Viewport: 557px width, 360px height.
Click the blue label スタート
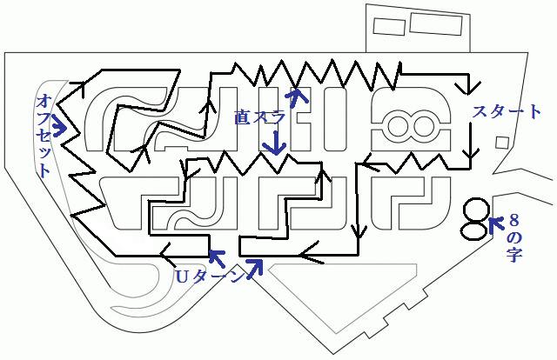[506, 111]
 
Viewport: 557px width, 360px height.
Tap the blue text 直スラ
[259, 117]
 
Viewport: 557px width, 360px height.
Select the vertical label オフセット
[44, 135]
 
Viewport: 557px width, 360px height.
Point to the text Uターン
[209, 277]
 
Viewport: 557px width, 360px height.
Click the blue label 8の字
[513, 238]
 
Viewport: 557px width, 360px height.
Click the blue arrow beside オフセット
[60, 127]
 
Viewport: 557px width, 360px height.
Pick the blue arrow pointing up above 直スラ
[296, 97]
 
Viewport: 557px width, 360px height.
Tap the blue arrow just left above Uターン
[218, 258]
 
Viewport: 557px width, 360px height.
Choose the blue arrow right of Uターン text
[254, 269]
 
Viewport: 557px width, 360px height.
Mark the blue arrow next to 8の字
[496, 224]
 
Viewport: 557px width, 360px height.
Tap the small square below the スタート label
[502, 143]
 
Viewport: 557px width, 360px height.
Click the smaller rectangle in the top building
[389, 26]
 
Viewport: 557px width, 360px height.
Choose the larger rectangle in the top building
[436, 23]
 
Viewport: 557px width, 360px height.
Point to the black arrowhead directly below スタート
[470, 157]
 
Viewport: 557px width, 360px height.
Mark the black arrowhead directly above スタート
[470, 89]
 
